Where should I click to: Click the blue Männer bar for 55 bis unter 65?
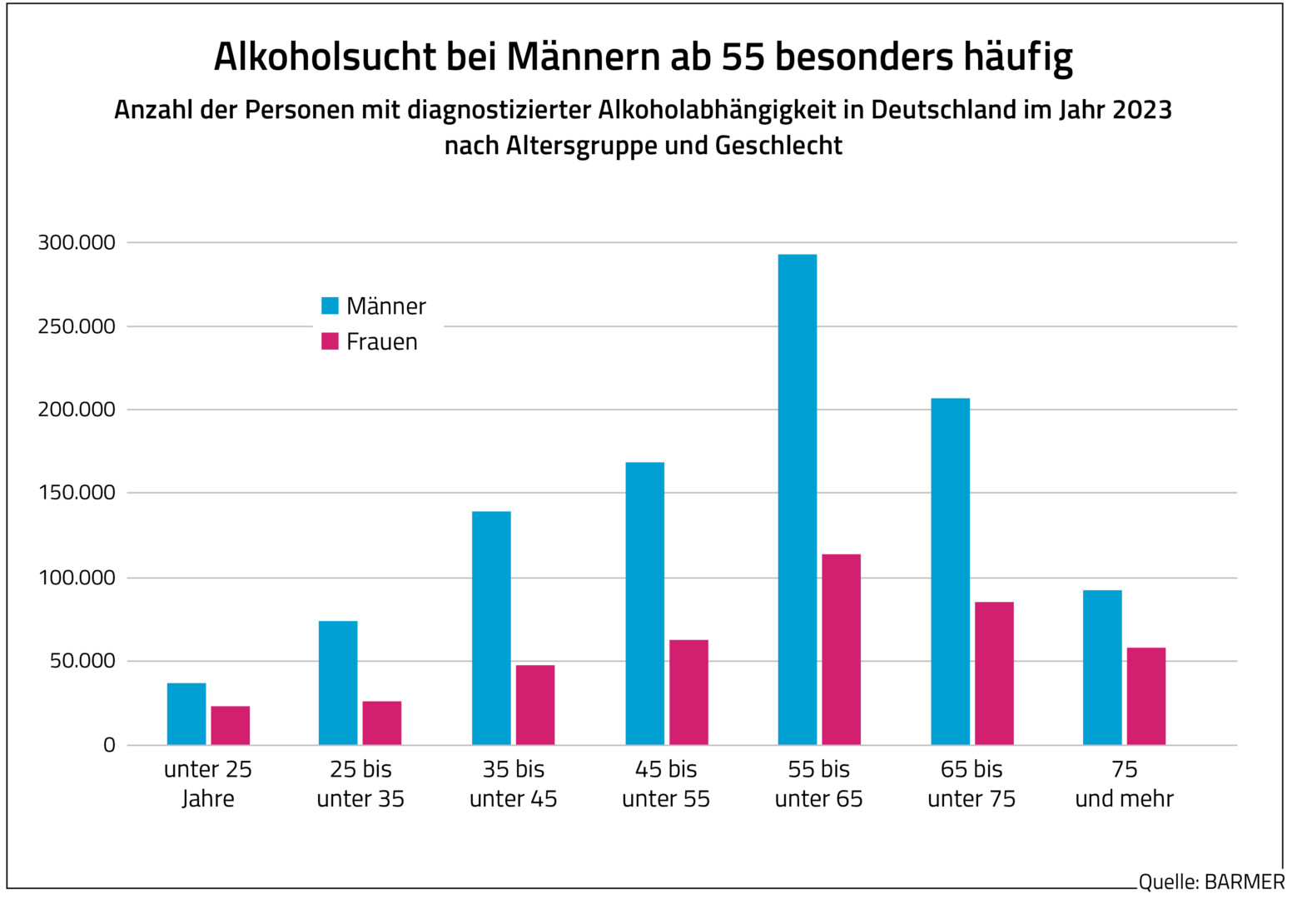797,499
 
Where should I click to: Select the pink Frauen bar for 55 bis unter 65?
841,649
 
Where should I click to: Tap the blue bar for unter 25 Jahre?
186,714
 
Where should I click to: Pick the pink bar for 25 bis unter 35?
381,723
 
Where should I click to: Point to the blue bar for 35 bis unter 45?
491,628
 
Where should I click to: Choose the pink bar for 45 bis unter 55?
688,692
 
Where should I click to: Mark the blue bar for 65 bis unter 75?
950,571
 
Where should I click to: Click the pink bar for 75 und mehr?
1145,696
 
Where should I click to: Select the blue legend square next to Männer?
330,305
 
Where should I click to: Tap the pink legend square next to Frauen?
330,341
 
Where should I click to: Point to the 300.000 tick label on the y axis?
77,242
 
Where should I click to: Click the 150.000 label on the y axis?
77,493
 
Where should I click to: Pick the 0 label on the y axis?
109,745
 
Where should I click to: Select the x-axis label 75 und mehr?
1124,783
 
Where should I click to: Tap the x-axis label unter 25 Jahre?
208,783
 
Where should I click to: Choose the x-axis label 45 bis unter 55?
666,783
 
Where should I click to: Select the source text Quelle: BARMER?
1211,882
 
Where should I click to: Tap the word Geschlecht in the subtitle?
778,146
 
